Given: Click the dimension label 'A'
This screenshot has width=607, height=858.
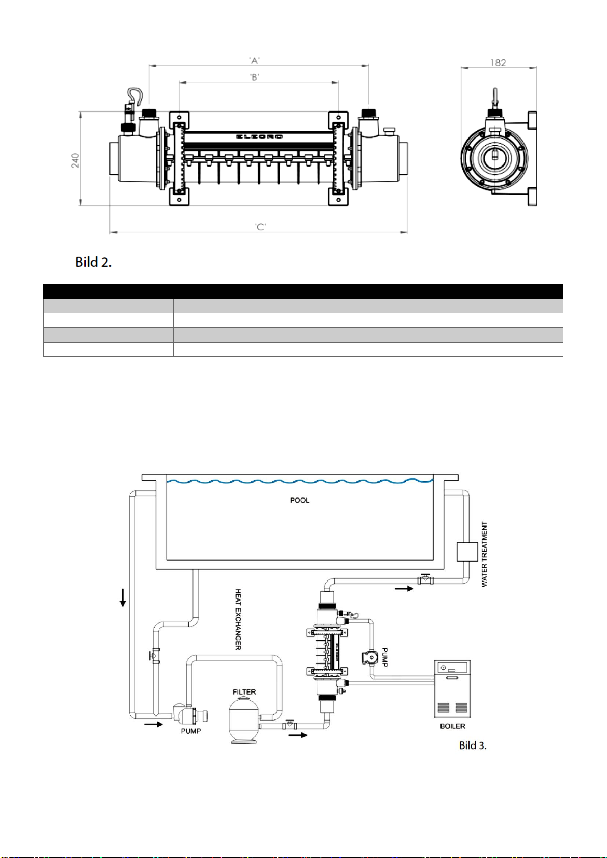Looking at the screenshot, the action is click(255, 61).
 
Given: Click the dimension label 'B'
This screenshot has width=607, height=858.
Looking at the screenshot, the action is click(255, 77).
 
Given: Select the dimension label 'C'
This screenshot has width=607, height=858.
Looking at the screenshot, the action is click(260, 227).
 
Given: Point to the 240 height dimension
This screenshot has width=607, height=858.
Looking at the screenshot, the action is click(75, 160).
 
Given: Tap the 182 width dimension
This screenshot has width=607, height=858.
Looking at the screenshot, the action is click(498, 63).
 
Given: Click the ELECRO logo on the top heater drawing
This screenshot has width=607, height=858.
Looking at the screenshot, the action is click(259, 137).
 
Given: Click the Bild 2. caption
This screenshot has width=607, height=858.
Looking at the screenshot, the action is click(94, 262).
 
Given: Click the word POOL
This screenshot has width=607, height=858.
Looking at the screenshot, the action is click(299, 500).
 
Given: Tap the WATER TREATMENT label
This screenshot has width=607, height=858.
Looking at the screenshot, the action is click(484, 554).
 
